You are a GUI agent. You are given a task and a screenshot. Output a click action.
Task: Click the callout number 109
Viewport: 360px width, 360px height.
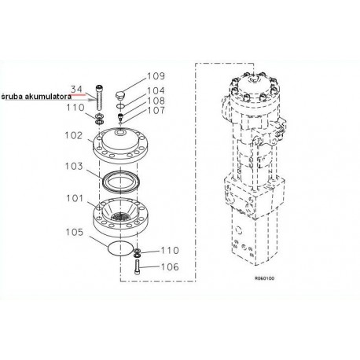tap(156, 76)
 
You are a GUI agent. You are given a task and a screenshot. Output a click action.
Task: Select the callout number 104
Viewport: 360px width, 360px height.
tap(156, 90)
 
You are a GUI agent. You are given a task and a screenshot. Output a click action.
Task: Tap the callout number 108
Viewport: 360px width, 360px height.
tap(156, 101)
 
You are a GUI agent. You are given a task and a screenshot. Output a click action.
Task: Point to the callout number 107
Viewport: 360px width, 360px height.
tap(156, 110)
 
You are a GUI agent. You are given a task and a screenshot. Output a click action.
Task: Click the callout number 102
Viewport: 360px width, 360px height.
tap(74, 135)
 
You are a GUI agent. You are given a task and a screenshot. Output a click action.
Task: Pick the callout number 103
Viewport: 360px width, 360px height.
tap(74, 166)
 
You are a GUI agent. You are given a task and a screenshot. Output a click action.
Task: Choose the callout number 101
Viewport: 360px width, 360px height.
tap(75, 198)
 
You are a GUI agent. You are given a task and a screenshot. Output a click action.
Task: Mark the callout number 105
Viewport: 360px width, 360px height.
tap(75, 232)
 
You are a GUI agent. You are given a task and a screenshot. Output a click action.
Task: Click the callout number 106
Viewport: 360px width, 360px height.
tap(170, 267)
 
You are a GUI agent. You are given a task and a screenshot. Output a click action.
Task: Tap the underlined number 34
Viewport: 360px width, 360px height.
tap(76, 89)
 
